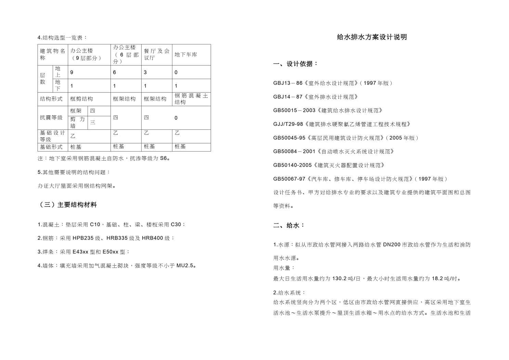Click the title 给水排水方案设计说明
pos(372,37)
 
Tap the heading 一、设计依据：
pos(296,64)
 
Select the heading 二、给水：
pos(289,226)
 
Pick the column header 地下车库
pos(186,55)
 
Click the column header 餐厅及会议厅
pos(157,54)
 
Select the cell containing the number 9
pos(72,73)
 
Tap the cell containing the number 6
pos(115,73)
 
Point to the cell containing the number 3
pos(145,73)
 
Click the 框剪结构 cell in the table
pos(81,99)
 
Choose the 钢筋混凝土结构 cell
pos(191,99)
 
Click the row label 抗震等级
pos(51,118)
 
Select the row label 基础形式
pos(51,147)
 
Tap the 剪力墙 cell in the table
pos(78,123)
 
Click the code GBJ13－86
pos(288,83)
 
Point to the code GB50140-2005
pos(292,165)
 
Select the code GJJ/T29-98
pos(288,124)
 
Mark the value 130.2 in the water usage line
pos(339,279)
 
